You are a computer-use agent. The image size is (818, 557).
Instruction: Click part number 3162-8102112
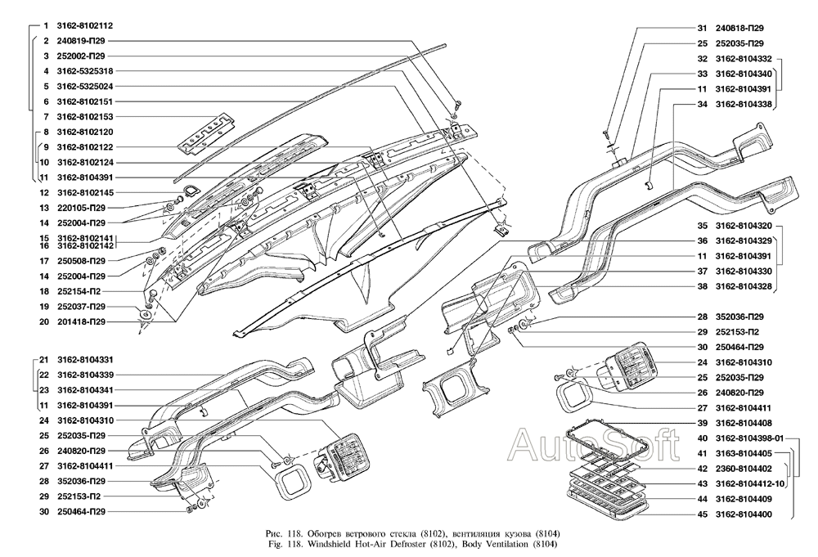pyautogui.click(x=85, y=25)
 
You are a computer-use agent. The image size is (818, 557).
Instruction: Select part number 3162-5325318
pyautogui.click(x=85, y=71)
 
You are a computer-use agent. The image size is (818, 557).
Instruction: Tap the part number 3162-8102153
pyautogui.click(x=85, y=117)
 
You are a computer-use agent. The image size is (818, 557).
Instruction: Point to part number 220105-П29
pyautogui.click(x=81, y=208)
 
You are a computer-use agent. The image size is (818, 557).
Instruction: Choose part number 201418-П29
pyautogui.click(x=81, y=321)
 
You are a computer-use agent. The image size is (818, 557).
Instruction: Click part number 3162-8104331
pyautogui.click(x=85, y=360)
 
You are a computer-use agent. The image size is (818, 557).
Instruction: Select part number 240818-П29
pyautogui.click(x=739, y=28)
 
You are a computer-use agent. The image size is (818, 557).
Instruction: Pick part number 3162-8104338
pyautogui.click(x=744, y=105)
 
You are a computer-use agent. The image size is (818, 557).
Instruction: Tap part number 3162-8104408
pyautogui.click(x=744, y=423)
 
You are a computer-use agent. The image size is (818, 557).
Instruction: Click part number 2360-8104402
pyautogui.click(x=744, y=469)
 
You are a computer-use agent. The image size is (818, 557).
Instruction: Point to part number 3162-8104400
pyautogui.click(x=744, y=514)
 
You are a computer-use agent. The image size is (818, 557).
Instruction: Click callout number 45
pyautogui.click(x=702, y=514)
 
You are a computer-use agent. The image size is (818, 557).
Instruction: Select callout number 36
pyautogui.click(x=702, y=241)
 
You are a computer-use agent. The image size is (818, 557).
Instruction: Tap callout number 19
pyautogui.click(x=44, y=307)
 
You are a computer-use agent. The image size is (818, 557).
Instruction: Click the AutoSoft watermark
pyautogui.click(x=594, y=444)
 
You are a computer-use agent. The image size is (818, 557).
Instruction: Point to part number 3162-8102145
pyautogui.click(x=85, y=192)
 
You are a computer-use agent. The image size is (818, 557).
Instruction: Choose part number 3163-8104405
pyautogui.click(x=744, y=454)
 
